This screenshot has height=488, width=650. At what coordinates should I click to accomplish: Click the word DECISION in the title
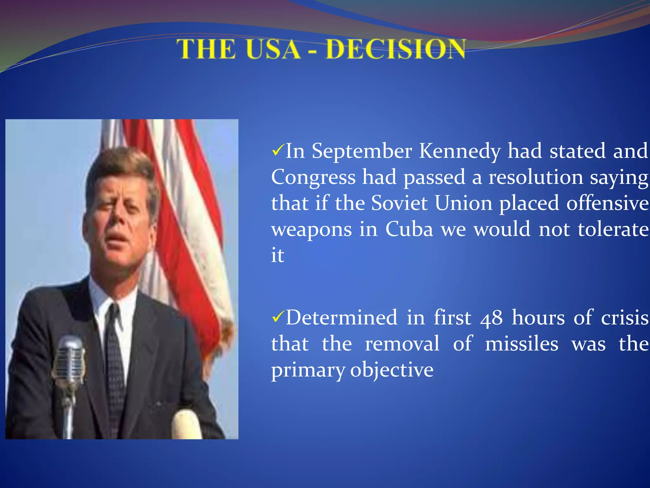pyautogui.click(x=395, y=49)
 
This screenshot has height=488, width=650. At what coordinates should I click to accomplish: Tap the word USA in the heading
pyautogui.click(x=273, y=49)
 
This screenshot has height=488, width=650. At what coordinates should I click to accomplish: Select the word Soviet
pyautogui.click(x=399, y=203)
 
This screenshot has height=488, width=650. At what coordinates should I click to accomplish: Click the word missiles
pyautogui.click(x=521, y=344)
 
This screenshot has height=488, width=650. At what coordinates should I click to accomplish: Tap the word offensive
pyautogui.click(x=607, y=203)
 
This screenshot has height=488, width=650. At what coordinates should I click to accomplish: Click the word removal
pyautogui.click(x=402, y=344)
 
